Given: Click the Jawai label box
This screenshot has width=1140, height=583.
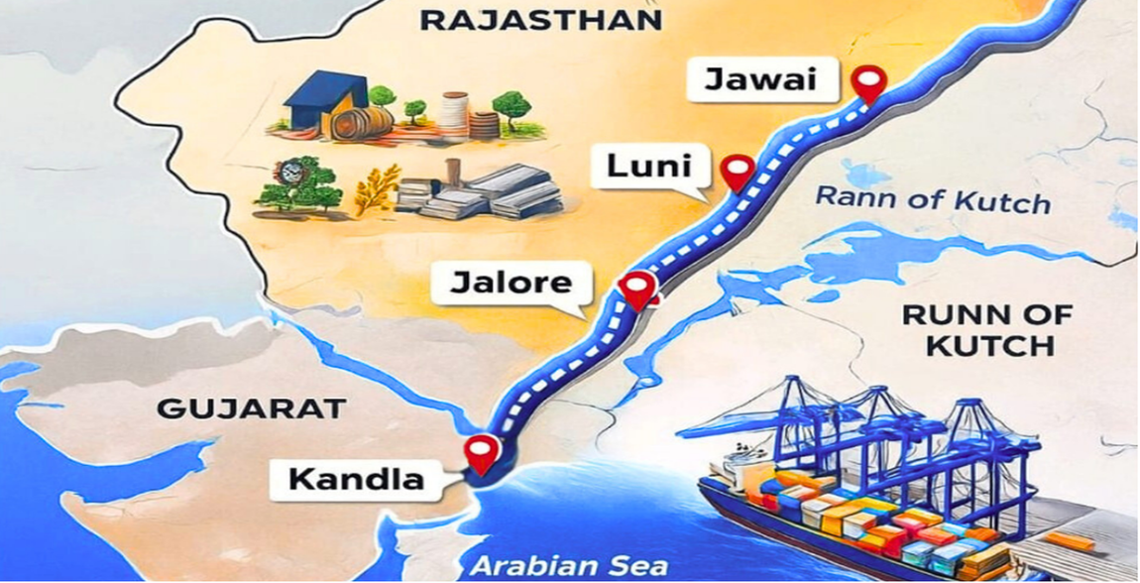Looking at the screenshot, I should (760, 78).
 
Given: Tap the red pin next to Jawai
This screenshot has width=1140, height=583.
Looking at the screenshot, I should (869, 82).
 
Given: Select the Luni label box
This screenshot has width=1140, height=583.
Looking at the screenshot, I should (649, 167).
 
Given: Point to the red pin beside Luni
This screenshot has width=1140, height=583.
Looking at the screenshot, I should (737, 171).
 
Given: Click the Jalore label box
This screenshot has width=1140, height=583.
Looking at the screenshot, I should (512, 283).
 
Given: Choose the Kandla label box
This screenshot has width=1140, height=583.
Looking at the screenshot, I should (356, 481).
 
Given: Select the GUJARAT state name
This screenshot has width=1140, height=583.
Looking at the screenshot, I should (251, 408).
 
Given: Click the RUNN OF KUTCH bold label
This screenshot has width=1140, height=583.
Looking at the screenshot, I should (986, 331).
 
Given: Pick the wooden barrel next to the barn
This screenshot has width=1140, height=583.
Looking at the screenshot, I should (361, 123).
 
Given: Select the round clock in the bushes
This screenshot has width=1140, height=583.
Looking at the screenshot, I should (290, 173).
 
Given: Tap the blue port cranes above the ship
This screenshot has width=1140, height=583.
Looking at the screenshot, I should (872, 426).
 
